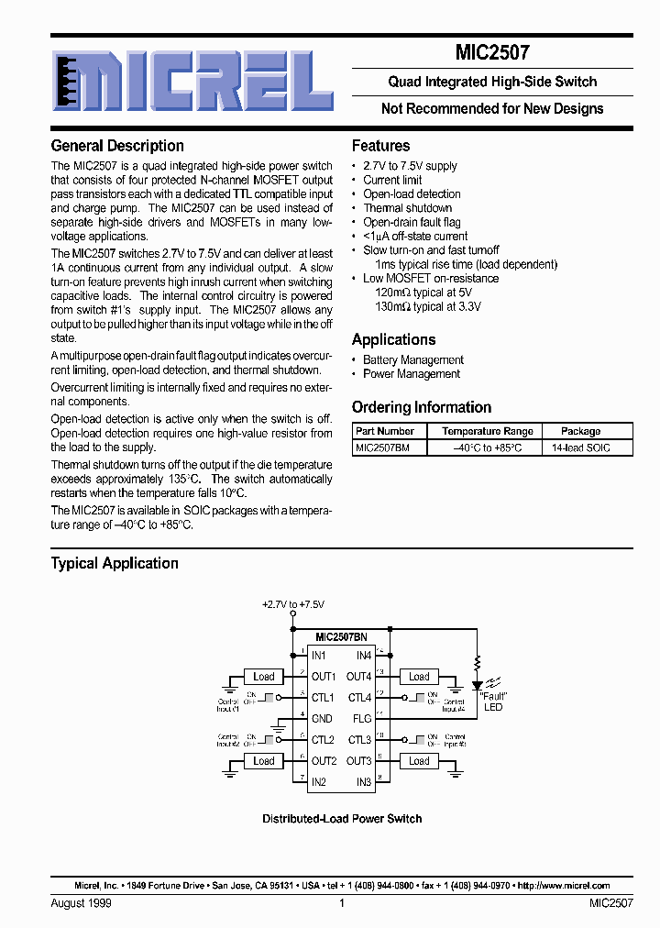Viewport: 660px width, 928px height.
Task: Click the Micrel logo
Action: point(191,81)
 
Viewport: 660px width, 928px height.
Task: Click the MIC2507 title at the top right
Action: point(491,53)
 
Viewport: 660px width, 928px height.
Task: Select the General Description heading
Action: point(117,146)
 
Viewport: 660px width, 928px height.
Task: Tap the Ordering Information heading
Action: point(422,407)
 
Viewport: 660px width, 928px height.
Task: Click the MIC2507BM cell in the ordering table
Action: point(383,447)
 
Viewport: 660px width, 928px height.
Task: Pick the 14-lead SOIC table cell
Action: point(580,447)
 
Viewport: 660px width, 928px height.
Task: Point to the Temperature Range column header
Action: point(487,431)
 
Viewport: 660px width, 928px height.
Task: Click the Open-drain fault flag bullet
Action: point(412,222)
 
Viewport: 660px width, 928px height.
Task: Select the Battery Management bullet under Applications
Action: point(413,360)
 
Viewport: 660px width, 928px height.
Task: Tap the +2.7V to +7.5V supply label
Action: point(292,605)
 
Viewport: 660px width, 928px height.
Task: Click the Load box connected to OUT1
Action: point(264,677)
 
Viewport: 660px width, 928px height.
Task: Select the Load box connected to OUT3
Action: point(419,761)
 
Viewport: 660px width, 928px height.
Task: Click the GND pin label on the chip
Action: point(322,719)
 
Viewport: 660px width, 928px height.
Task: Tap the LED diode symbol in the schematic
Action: point(477,685)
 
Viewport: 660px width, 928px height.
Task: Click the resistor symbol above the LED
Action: point(477,662)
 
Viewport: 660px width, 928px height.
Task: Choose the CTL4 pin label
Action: point(359,698)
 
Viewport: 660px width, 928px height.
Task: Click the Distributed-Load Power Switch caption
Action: point(342,819)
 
